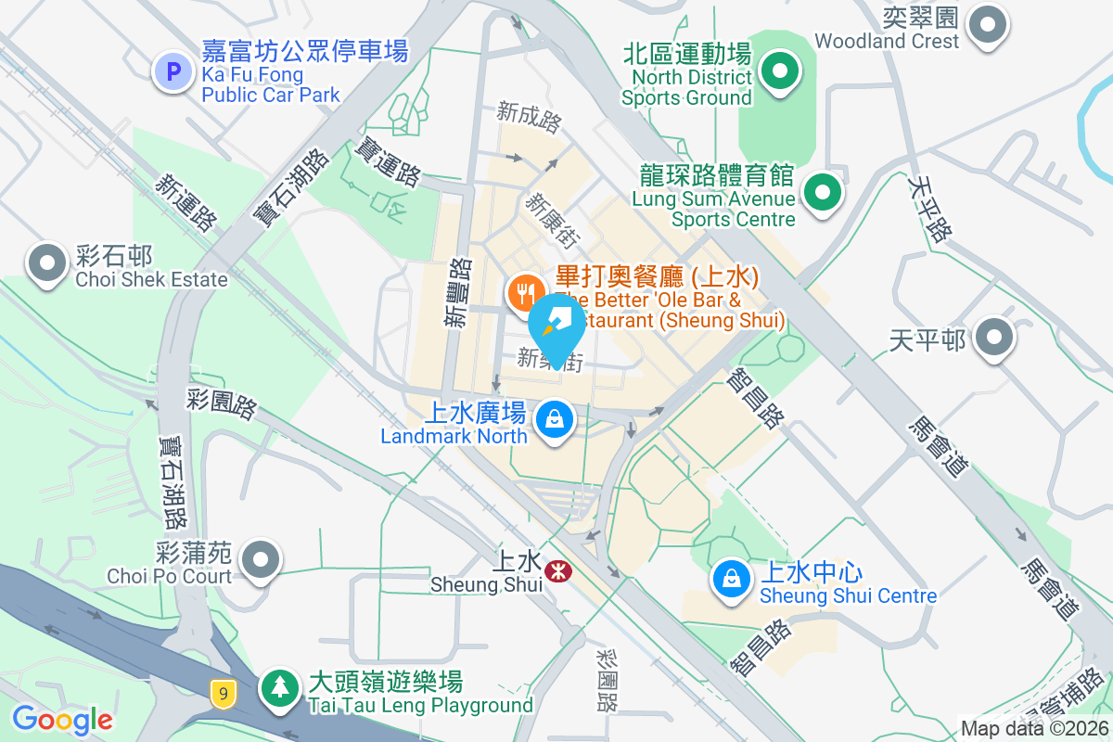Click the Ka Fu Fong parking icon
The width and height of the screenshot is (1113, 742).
pos(173,70)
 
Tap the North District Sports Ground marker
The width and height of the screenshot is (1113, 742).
pos(780,71)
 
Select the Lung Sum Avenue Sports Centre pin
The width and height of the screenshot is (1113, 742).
pos(821,194)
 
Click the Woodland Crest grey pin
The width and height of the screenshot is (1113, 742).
pos(987,24)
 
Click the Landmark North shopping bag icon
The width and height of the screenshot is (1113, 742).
pos(554,420)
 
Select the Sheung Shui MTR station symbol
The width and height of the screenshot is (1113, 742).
pos(557,569)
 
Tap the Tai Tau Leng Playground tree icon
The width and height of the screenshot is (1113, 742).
pos(279,687)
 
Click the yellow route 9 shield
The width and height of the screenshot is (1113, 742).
pos(221,692)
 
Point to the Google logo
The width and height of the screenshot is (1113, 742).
pos(62,719)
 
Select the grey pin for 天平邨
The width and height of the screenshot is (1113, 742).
pos(995,338)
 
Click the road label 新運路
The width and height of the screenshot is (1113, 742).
pos(185,202)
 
